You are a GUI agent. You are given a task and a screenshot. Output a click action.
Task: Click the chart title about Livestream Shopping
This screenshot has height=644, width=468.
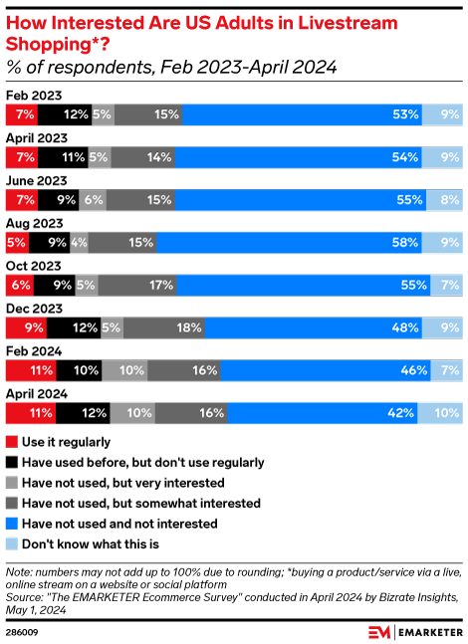click(189, 30)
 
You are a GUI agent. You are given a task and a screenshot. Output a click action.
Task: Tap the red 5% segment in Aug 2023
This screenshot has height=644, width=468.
click(17, 242)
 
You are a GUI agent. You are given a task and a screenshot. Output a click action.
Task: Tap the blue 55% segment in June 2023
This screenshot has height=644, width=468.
click(298, 199)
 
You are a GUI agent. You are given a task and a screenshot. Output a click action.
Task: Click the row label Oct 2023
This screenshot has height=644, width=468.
click(34, 266)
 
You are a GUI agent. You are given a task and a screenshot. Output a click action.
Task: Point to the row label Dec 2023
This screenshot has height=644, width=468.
click(34, 309)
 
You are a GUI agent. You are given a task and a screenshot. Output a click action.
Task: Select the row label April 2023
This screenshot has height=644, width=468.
click(37, 138)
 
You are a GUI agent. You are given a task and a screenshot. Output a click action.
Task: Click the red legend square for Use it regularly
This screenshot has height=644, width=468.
click(11, 441)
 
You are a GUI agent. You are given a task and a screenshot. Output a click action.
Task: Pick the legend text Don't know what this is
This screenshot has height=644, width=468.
click(90, 543)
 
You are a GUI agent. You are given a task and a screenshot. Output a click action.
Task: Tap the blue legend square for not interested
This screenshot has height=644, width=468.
click(11, 523)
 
